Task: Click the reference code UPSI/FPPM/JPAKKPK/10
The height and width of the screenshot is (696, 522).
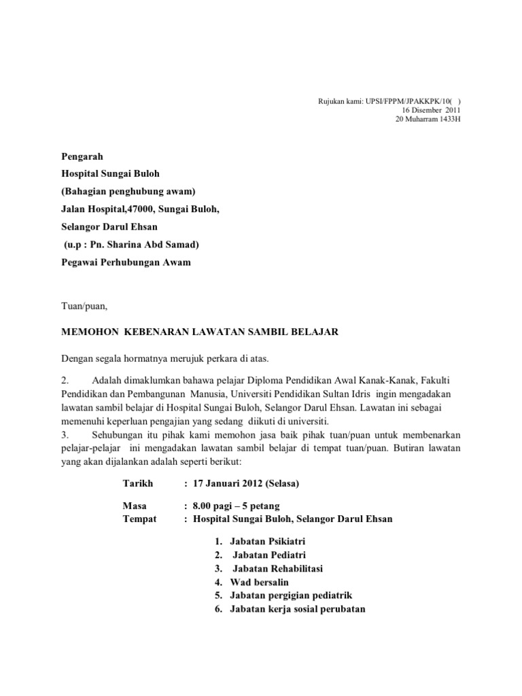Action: point(413,102)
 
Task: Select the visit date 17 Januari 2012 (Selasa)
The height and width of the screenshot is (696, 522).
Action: point(246,483)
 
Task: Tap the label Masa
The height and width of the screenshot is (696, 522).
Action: point(134,506)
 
